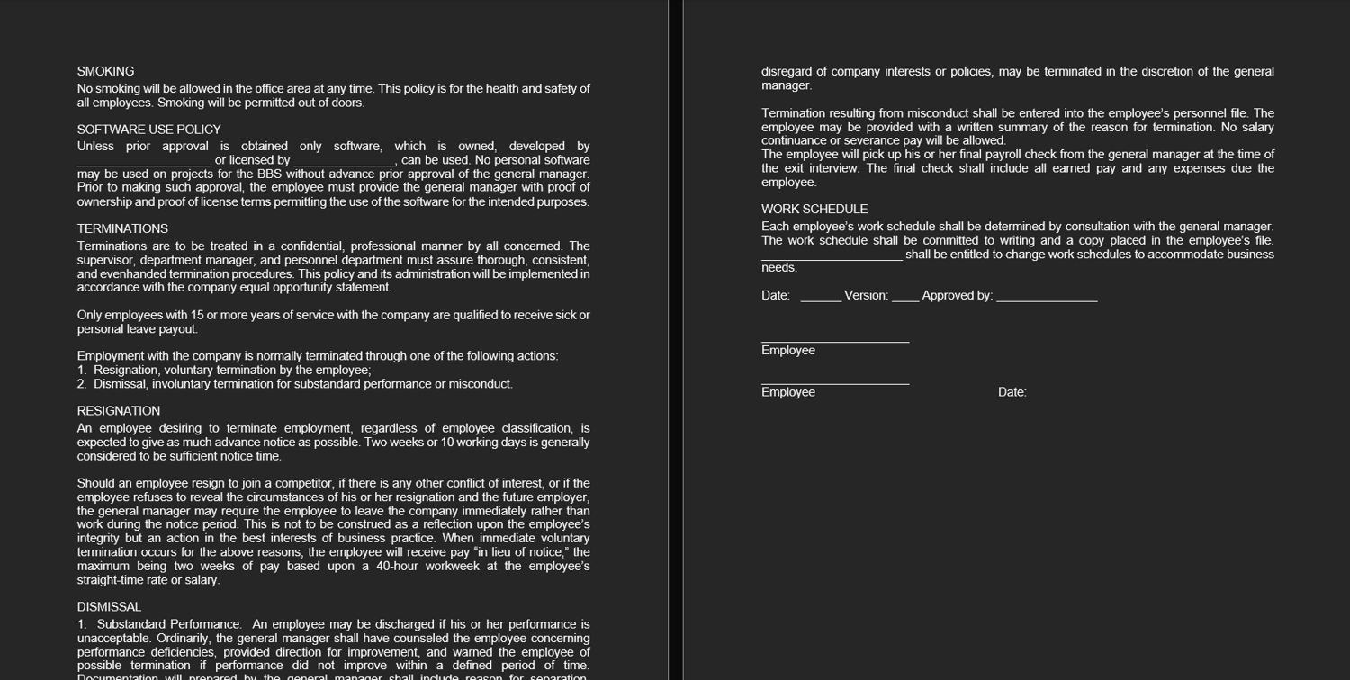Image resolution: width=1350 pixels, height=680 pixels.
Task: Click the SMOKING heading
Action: point(105,71)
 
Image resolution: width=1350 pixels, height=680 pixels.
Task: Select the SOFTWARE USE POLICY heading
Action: point(148,130)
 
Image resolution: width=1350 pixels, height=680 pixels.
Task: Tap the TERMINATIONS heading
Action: point(122,228)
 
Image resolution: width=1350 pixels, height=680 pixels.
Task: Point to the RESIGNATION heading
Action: point(119,411)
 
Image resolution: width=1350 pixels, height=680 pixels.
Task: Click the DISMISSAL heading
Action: point(109,607)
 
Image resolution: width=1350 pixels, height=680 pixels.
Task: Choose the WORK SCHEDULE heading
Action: point(814,209)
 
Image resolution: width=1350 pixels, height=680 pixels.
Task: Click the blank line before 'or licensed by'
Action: point(144,161)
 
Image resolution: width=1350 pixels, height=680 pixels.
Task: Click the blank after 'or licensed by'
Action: point(345,161)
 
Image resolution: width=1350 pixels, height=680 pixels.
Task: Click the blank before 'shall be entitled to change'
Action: point(832,255)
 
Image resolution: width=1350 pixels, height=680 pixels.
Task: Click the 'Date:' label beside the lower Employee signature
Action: point(1012,392)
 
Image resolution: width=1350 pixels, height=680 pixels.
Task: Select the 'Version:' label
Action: point(866,296)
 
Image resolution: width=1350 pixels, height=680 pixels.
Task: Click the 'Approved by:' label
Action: point(957,296)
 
